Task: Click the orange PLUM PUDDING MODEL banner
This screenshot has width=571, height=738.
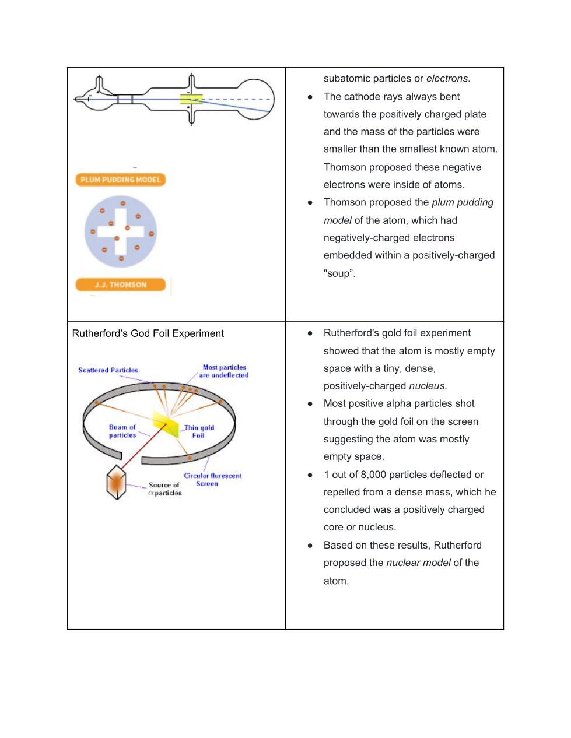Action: tap(120, 180)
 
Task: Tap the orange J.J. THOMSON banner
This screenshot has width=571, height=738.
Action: tap(120, 284)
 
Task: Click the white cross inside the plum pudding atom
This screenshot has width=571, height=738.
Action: tap(120, 231)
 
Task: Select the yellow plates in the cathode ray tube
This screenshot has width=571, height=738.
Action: tap(191, 99)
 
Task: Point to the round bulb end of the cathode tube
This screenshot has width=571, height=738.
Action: tap(254, 99)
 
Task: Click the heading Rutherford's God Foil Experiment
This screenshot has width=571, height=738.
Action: tap(148, 333)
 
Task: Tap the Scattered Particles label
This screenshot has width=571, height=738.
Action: tap(108, 370)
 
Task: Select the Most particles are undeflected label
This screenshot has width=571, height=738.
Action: tap(224, 371)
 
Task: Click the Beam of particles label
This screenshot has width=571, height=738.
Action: tap(122, 431)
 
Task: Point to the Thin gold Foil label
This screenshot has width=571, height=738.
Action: tap(199, 431)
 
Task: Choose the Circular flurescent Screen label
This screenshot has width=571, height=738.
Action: tap(212, 479)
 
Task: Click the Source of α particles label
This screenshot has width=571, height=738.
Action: tap(164, 489)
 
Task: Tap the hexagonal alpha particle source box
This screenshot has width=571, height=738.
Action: tap(117, 482)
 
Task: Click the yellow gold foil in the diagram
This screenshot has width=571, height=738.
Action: tap(166, 423)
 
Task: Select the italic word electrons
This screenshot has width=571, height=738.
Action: tap(447, 79)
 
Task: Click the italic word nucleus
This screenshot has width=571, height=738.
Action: tap(427, 386)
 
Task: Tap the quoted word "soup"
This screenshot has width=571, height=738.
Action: tap(339, 273)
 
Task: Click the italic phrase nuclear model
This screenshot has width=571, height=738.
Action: tap(418, 563)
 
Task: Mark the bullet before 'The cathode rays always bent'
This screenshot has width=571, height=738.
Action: tap(310, 97)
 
